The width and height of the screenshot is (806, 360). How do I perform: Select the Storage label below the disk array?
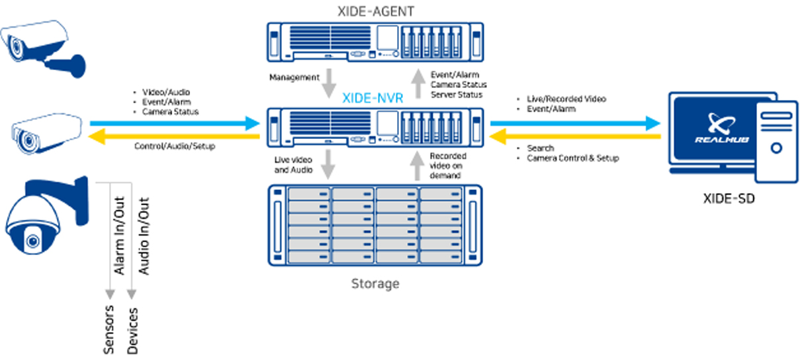pyautogui.click(x=375, y=283)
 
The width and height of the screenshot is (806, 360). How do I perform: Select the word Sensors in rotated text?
pyautogui.click(x=110, y=329)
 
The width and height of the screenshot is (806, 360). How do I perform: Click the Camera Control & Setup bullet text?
pyautogui.click(x=572, y=159)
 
